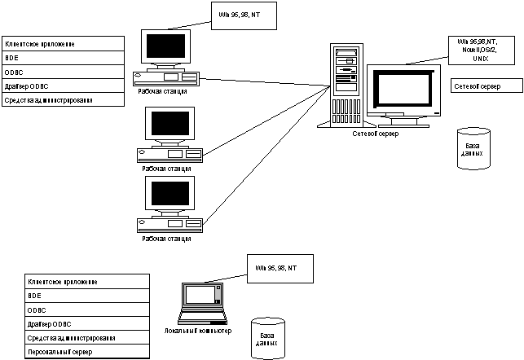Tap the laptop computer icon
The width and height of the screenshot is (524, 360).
201,302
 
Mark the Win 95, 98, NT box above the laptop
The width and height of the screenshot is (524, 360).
280,268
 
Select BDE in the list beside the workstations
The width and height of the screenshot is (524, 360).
64,58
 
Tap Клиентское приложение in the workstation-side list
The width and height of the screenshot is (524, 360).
64,43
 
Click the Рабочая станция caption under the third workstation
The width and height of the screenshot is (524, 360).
166,239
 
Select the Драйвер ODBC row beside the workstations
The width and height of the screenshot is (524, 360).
64,86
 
